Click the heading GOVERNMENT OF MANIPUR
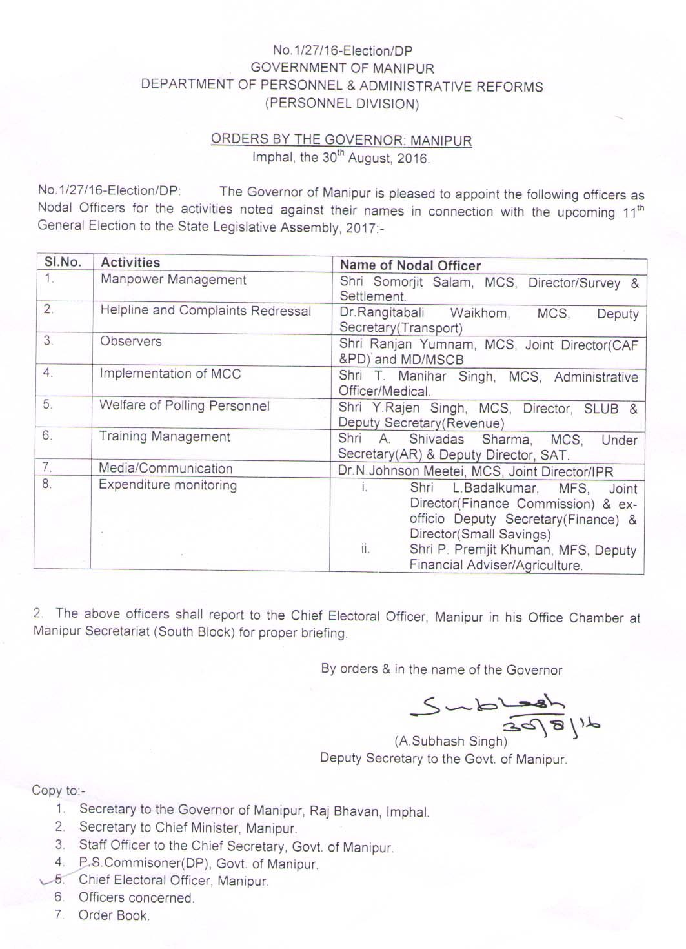coord(342,68)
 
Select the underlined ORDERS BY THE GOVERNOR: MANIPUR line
coord(341,140)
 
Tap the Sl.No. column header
coord(63,262)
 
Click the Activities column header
coord(130,262)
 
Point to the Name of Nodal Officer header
coord(410,265)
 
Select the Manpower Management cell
coord(173,280)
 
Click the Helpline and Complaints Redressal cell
coord(205,311)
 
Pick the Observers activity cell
coord(130,341)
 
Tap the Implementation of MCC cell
coord(170,373)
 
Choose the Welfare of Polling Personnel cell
coord(184,405)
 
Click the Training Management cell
coord(164,436)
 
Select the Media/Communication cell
coord(165,468)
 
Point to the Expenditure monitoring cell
coord(167,485)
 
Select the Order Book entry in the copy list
coord(114,915)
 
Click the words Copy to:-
coord(58,790)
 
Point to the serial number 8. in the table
coord(46,484)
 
